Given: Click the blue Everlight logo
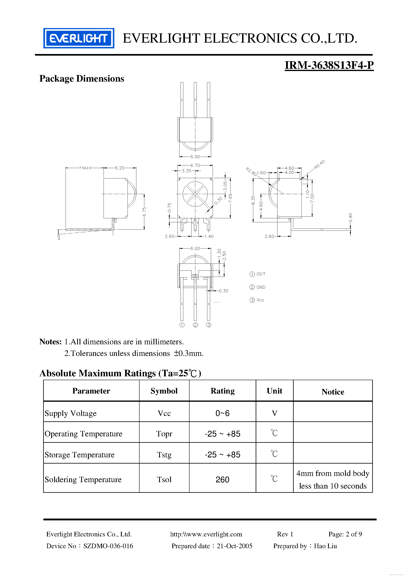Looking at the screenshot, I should click(79, 38).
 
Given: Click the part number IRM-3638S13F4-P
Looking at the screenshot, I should click(329, 65).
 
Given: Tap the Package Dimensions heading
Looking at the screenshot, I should click(82, 78).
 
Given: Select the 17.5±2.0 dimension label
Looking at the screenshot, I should click(85, 168).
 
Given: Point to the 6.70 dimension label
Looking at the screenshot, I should click(195, 165).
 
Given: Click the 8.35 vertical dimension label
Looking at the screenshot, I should click(253, 200).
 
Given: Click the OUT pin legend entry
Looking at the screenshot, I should click(258, 274).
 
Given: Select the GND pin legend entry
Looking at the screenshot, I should click(258, 287).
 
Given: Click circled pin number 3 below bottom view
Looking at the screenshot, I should click(208, 325).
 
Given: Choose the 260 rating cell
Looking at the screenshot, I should click(222, 480).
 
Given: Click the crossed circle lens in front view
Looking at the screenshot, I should click(195, 194).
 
